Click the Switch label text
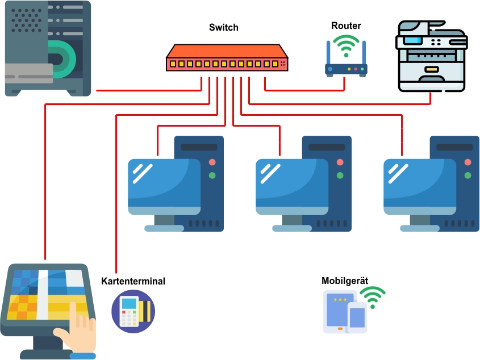click(x=224, y=27)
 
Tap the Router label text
click(x=346, y=26)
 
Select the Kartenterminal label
click(x=133, y=281)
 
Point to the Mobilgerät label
click(x=345, y=281)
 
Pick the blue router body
click(x=346, y=69)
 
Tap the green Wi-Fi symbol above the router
click(x=346, y=45)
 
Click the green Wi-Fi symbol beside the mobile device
click(x=373, y=297)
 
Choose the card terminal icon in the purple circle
click(x=133, y=311)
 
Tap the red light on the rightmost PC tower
click(x=468, y=162)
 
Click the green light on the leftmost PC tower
click(x=212, y=175)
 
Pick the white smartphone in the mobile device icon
click(x=357, y=317)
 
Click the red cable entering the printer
click(x=430, y=98)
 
